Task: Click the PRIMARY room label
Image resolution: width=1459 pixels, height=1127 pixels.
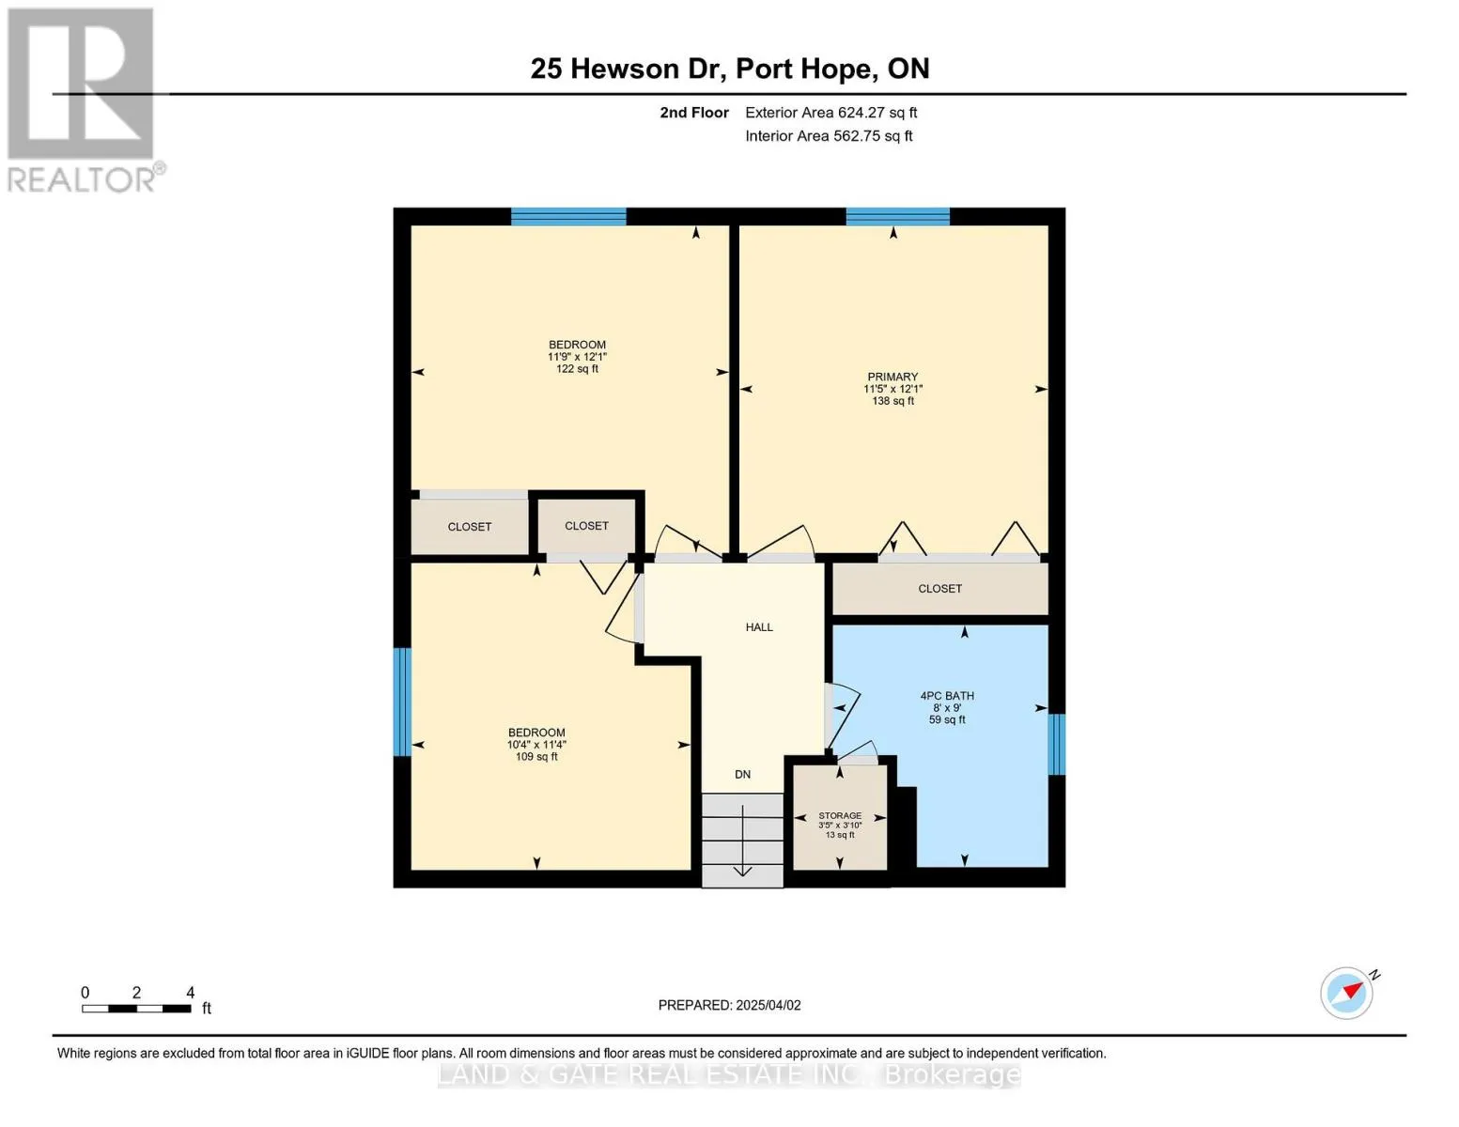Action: pyautogui.click(x=892, y=377)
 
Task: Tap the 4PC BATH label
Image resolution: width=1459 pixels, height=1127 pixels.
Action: pyautogui.click(x=947, y=695)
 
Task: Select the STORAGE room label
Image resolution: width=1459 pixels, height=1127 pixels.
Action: pyautogui.click(x=839, y=815)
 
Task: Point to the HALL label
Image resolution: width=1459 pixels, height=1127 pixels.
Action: pyautogui.click(x=759, y=627)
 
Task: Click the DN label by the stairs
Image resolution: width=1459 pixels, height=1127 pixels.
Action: pyautogui.click(x=742, y=774)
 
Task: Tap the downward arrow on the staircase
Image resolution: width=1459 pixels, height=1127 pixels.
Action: pyautogui.click(x=742, y=840)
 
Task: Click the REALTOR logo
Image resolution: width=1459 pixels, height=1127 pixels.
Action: pyautogui.click(x=84, y=100)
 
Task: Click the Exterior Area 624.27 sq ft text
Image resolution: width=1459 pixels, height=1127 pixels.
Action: pyautogui.click(x=830, y=112)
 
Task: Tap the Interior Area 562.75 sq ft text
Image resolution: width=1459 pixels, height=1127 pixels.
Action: pyautogui.click(x=829, y=135)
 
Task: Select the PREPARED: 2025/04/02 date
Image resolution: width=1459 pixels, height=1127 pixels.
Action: pyautogui.click(x=729, y=1005)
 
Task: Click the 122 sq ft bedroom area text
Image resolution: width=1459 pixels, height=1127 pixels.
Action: pyautogui.click(x=577, y=368)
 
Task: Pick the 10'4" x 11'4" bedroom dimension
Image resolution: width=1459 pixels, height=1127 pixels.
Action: pyautogui.click(x=536, y=745)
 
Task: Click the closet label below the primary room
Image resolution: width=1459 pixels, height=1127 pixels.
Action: pyautogui.click(x=939, y=589)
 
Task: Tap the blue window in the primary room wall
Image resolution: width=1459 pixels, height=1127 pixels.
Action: pyautogui.click(x=897, y=216)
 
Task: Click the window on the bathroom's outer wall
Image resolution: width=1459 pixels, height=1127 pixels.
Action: pyautogui.click(x=1056, y=744)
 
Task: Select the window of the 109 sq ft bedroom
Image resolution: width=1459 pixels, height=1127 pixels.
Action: pyautogui.click(x=401, y=702)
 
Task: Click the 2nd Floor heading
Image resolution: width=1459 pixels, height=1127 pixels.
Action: pyautogui.click(x=693, y=112)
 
